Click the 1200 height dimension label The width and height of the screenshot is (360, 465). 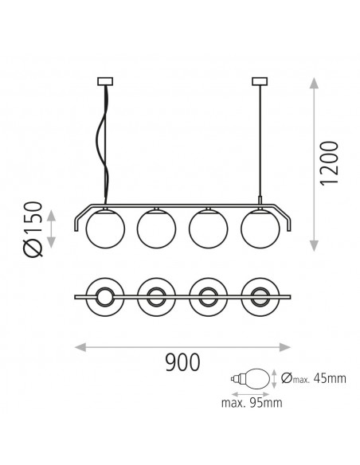(329, 163)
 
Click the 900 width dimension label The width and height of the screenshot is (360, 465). (182, 362)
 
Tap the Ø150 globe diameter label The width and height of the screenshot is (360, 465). (33, 229)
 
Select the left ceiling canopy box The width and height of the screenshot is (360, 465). (105, 81)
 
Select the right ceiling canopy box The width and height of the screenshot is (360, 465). (260, 81)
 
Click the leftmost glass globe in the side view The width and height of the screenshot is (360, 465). (105, 229)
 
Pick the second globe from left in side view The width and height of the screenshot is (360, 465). (157, 229)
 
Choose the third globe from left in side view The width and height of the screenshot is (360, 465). (208, 229)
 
